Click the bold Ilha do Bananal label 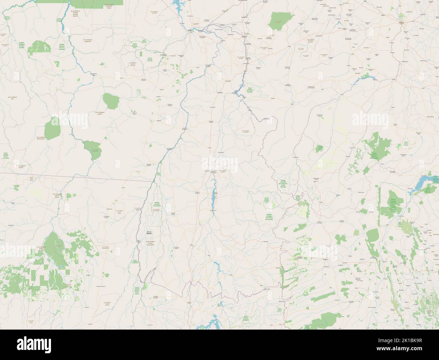[148, 233]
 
